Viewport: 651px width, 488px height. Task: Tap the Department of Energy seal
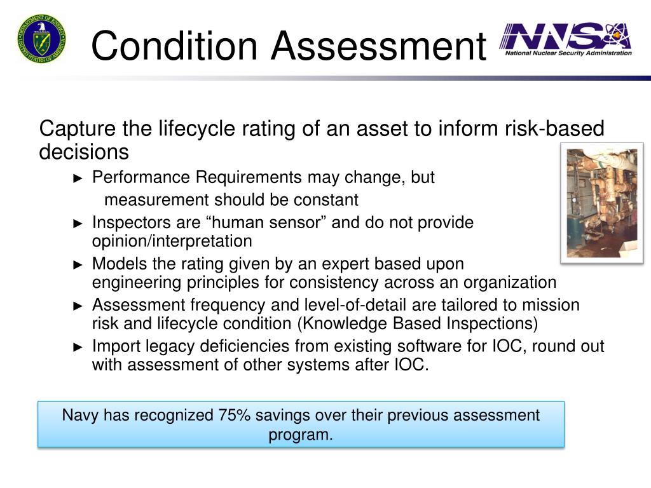[41, 39]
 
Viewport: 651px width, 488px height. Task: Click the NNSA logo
[566, 39]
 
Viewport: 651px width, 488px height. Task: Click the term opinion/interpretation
[172, 241]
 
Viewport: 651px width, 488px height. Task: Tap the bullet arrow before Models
[79, 264]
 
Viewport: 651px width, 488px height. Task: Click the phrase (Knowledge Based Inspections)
[418, 323]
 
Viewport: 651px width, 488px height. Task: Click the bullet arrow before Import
[79, 347]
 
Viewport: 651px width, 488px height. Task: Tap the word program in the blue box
[299, 435]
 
